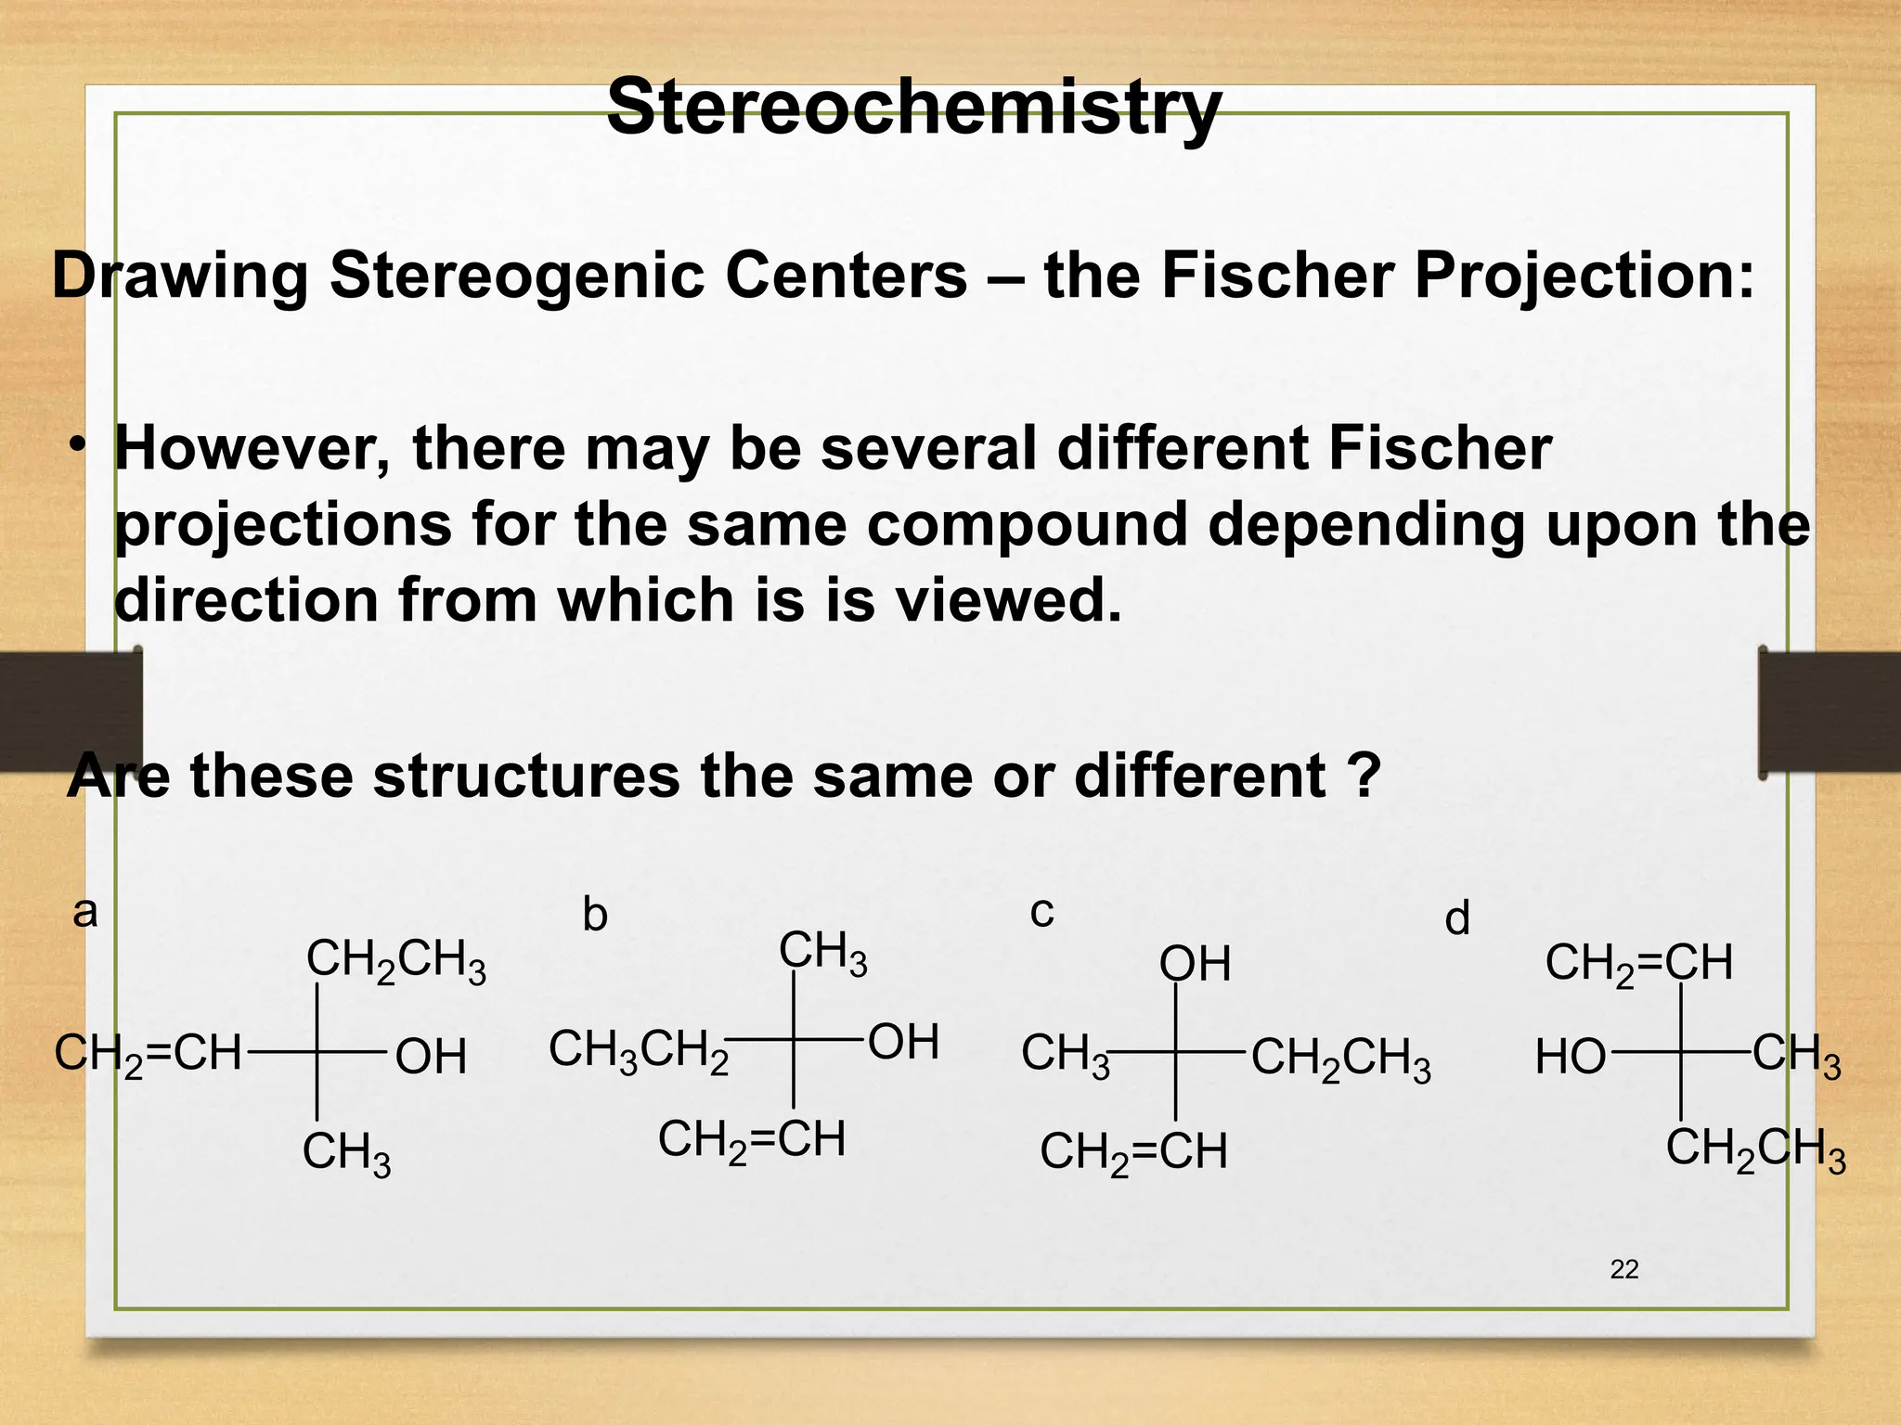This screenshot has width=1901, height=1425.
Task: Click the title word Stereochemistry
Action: click(913, 108)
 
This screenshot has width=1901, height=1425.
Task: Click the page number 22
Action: click(1624, 1269)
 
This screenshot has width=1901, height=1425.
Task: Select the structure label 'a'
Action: click(85, 912)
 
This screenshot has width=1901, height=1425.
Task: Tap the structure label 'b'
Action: click(595, 916)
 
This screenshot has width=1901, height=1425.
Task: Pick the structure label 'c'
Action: click(1041, 912)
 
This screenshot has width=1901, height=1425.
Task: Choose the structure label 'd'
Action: click(1457, 919)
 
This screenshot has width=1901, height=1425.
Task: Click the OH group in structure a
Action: click(431, 1058)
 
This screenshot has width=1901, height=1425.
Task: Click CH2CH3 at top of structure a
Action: click(395, 961)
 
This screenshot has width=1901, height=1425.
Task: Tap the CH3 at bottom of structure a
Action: click(346, 1154)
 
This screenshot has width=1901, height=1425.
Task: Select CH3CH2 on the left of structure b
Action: click(639, 1052)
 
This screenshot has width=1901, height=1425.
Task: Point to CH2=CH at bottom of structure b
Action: click(752, 1141)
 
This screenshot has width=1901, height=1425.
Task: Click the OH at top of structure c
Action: click(1195, 965)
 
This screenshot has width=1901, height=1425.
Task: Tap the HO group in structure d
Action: click(1571, 1058)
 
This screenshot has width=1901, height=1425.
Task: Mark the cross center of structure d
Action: click(1681, 1053)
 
